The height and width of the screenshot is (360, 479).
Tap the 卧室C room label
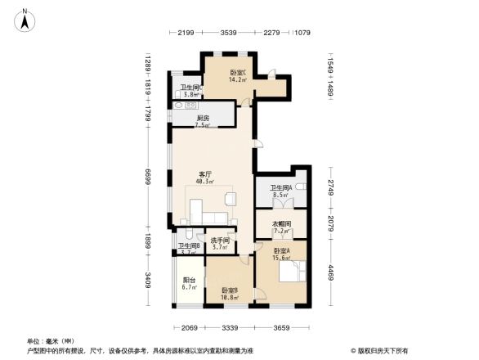point(238,72)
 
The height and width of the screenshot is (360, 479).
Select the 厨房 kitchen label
point(204,118)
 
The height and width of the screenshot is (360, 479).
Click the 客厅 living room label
point(206,173)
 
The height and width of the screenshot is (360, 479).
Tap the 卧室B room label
point(230,290)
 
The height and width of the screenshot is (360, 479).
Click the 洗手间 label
point(219,241)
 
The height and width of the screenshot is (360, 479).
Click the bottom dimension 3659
point(282,327)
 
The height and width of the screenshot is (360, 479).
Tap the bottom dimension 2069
point(189,327)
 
